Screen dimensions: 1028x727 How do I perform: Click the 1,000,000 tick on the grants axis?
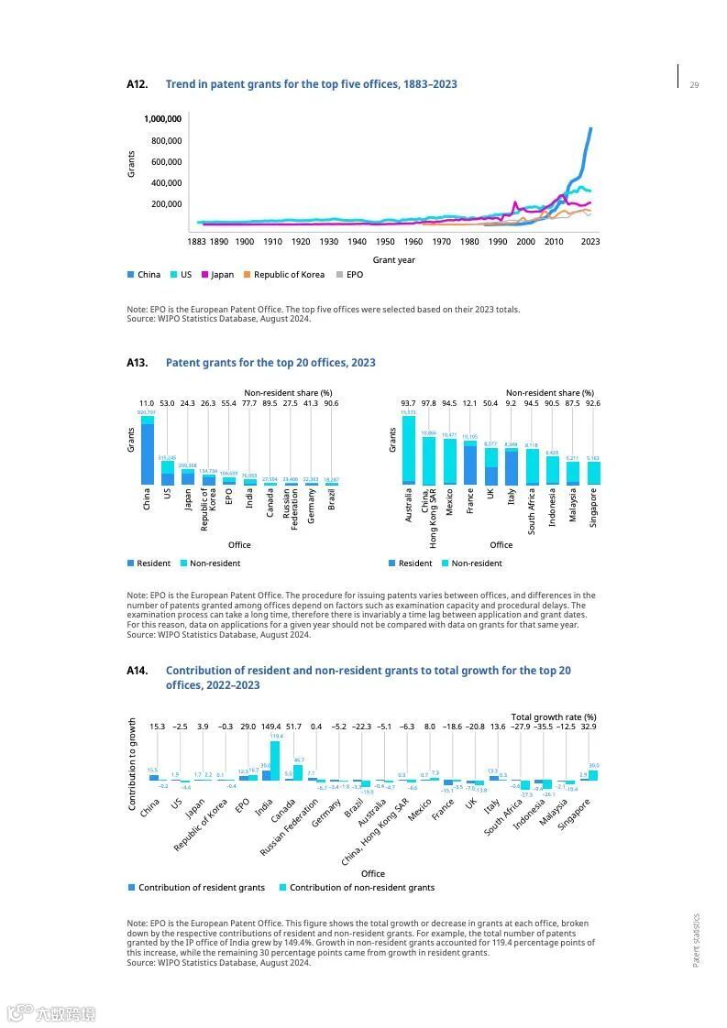point(163,119)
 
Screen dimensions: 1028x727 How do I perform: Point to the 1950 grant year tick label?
point(385,242)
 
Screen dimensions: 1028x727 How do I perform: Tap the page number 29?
point(694,85)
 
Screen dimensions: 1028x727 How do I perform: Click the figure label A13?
point(138,363)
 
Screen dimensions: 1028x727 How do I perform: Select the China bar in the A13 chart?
point(147,451)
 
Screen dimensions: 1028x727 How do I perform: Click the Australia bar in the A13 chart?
point(408,450)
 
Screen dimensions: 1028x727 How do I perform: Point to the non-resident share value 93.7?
point(408,404)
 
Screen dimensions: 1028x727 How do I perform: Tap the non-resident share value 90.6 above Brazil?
point(331,404)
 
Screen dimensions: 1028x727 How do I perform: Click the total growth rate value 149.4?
point(271,727)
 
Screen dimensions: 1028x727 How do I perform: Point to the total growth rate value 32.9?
point(589,727)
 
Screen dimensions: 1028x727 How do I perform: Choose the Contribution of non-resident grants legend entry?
point(361,888)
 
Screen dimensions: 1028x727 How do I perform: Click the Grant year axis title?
point(394,260)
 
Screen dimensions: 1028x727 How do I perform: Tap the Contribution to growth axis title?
point(132,763)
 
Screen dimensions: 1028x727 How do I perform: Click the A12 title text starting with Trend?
point(311,84)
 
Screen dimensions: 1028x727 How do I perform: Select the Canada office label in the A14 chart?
point(296,810)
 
